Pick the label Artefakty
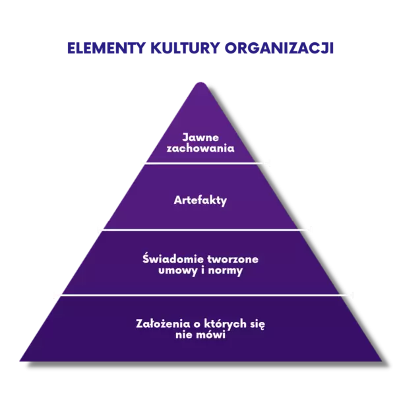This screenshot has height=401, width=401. [200, 200]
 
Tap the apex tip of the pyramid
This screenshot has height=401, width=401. [200, 81]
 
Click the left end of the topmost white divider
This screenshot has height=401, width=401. [141, 162]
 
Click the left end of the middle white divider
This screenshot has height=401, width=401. [99, 229]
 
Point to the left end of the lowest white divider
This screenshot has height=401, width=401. [55, 295]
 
